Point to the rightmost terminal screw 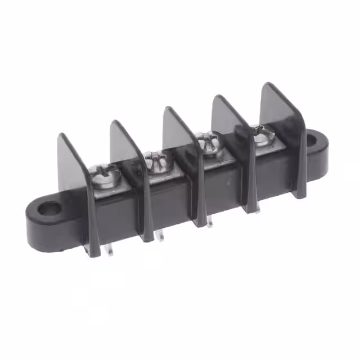pyautogui.click(x=260, y=135)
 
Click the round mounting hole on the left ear pyautogui.click(x=49, y=210)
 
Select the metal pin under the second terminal pyautogui.click(x=161, y=236)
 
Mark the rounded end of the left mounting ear pyautogui.click(x=34, y=225)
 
